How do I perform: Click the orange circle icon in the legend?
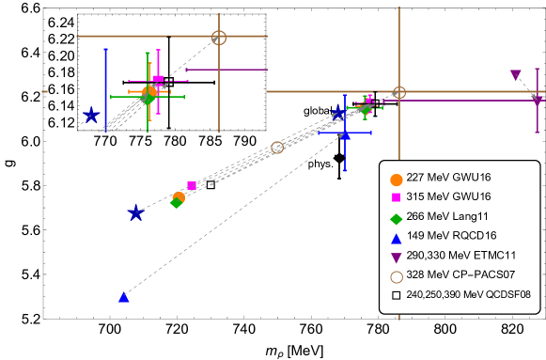397,179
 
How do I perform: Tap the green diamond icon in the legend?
397,217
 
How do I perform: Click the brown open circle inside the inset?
219,38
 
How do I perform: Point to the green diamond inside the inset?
147,97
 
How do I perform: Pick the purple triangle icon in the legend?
397,256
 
